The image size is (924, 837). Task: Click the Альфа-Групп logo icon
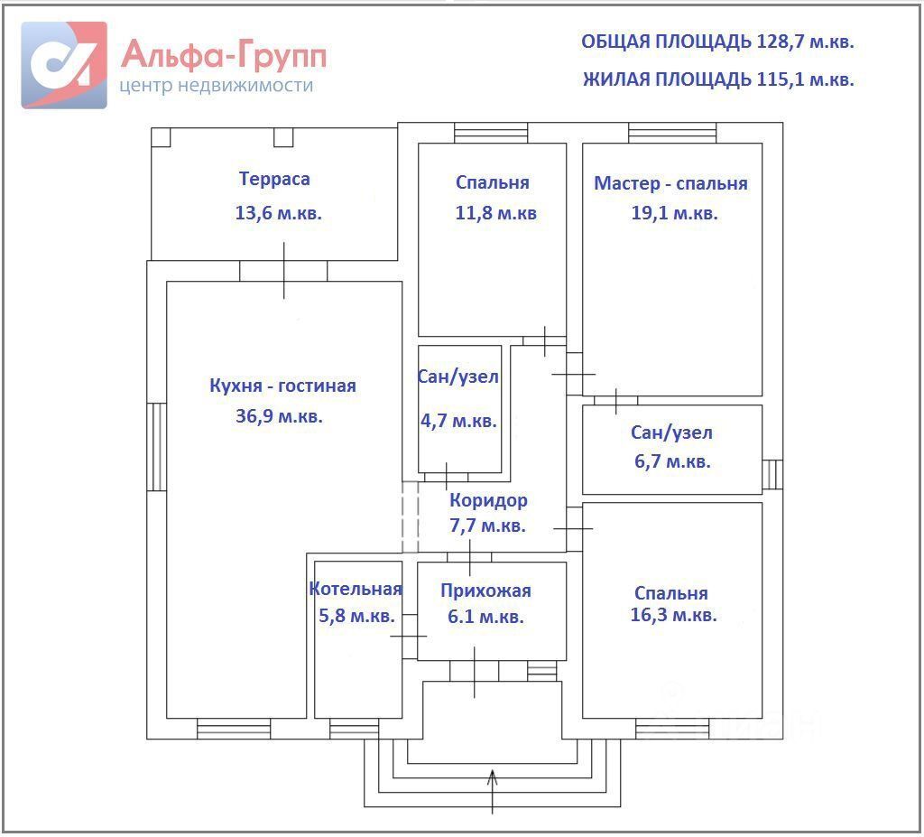tap(64, 65)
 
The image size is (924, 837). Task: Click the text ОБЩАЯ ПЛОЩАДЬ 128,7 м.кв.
tap(717, 42)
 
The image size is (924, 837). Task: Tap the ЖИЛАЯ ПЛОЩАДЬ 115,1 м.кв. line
tap(718, 79)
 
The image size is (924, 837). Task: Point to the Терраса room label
tap(274, 179)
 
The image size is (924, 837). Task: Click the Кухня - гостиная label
tap(282, 386)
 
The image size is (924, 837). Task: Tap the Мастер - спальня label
tap(670, 183)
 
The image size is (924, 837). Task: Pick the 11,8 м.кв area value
tap(496, 214)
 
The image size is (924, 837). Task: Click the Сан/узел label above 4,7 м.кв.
tap(458, 377)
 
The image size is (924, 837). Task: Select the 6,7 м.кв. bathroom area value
tap(670, 461)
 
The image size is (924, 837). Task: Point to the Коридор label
tap(488, 500)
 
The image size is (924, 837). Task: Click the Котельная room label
tap(355, 589)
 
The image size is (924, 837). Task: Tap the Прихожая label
tap(485, 591)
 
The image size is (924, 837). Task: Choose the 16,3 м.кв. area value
tap(674, 616)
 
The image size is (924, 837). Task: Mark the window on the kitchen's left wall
tap(157, 446)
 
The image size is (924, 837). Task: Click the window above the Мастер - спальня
tap(672, 133)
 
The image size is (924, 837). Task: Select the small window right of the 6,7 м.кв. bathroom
tap(772, 474)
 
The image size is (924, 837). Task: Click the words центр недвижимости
tap(216, 86)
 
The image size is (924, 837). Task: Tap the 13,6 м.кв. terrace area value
tap(278, 214)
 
